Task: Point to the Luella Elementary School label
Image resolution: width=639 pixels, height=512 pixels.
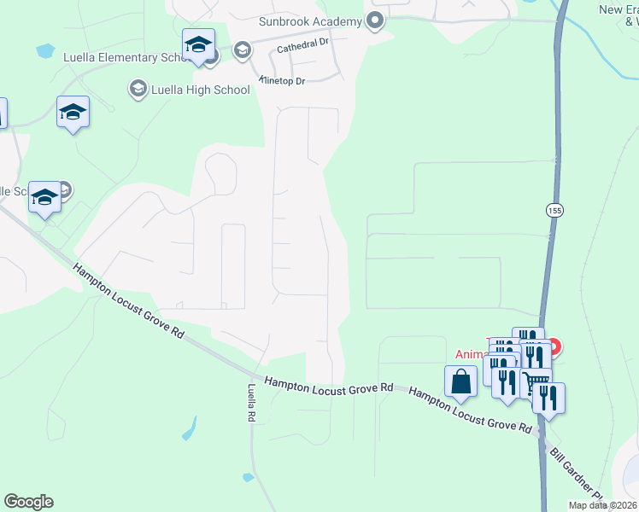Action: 123,57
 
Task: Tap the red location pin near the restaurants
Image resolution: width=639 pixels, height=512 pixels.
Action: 553,346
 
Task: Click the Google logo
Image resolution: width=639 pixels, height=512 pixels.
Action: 28,501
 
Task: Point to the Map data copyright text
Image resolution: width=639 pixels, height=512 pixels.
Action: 602,505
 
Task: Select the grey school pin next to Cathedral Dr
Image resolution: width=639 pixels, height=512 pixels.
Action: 242,50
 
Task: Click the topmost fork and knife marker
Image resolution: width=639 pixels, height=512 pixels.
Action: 527,340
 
